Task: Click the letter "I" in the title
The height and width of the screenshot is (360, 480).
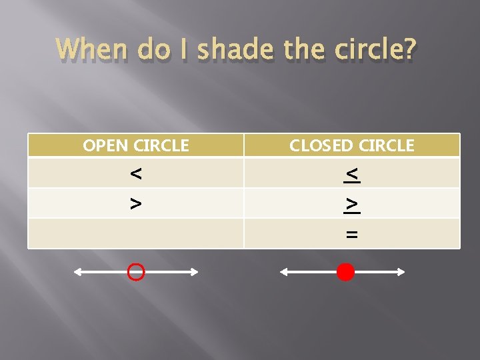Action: (186, 49)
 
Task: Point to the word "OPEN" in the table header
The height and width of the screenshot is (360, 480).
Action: (105, 145)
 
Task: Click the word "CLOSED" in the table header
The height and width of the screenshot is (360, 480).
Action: (321, 145)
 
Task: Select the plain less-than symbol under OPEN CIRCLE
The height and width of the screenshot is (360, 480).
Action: (135, 174)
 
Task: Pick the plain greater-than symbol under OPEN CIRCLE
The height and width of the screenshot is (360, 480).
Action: (135, 203)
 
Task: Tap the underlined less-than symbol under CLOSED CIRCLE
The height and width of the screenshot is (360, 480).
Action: (352, 174)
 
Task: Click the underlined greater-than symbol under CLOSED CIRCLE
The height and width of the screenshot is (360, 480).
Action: (352, 204)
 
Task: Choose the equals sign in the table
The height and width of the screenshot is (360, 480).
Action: (352, 234)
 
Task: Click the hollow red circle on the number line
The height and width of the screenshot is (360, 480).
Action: (136, 272)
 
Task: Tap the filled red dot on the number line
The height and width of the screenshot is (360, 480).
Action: (345, 272)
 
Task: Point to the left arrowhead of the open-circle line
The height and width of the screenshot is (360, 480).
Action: (77, 272)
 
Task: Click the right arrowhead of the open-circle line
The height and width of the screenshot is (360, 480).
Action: (195, 272)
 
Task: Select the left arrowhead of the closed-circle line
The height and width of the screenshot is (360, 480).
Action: (284, 272)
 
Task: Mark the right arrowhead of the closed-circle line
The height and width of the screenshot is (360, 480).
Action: (401, 272)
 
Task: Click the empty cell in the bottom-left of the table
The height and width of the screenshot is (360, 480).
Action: (135, 234)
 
